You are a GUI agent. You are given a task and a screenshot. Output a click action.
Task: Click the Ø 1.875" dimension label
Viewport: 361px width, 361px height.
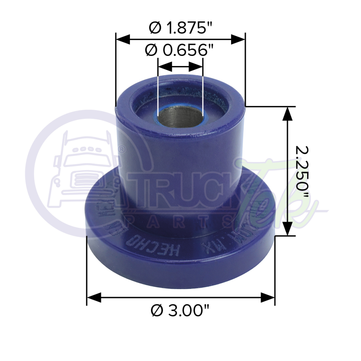click(180, 28)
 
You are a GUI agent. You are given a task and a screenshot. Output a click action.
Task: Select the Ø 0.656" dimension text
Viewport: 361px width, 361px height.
click(180, 51)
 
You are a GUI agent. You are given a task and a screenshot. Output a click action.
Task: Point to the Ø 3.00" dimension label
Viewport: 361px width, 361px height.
click(180, 310)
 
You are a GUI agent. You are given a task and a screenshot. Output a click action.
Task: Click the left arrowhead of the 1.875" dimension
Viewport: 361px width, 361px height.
click(122, 39)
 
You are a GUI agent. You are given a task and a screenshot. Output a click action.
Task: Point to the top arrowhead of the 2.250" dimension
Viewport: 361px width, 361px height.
click(287, 114)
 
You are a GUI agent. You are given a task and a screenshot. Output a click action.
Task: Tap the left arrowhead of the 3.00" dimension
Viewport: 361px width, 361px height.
click(94, 298)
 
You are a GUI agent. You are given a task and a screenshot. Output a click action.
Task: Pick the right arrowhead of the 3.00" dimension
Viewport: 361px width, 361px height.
click(268, 298)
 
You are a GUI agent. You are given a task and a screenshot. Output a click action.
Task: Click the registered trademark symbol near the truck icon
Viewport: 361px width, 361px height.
click(122, 148)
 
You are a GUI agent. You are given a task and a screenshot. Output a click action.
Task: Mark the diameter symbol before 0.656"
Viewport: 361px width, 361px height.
click(151, 51)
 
